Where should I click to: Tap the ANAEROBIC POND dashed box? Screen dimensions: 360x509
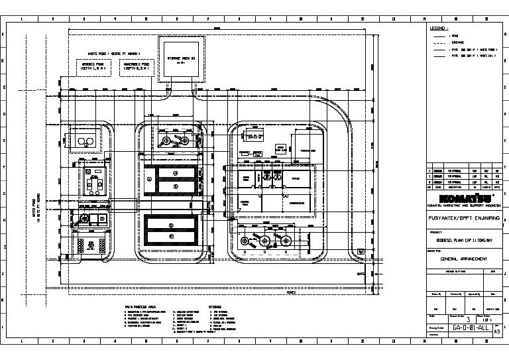point(135,68)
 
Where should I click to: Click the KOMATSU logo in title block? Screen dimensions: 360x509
point(461,199)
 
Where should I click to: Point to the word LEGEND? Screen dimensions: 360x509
point(439,29)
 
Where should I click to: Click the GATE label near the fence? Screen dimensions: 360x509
point(361,273)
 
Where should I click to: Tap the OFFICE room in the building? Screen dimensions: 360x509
point(296,179)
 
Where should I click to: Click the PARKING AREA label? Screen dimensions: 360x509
point(307,150)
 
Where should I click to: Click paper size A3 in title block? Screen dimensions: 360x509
point(497,331)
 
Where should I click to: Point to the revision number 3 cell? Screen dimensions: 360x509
point(469,319)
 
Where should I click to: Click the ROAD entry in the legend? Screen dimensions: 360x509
point(455,35)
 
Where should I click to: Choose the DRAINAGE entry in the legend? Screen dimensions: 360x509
point(458,42)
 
